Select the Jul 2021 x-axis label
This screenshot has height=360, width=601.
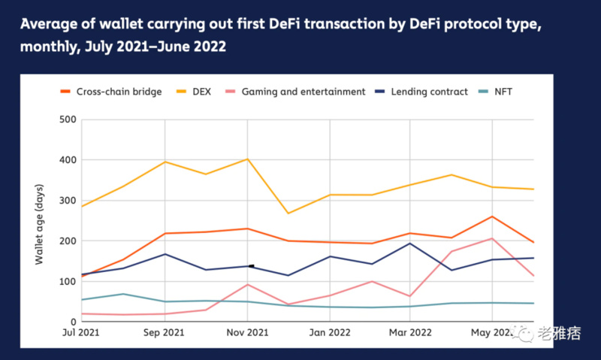point(80,332)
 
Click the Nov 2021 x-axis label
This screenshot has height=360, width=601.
point(247,332)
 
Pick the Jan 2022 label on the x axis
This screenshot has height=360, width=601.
point(329,332)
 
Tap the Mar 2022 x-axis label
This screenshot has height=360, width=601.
point(410,332)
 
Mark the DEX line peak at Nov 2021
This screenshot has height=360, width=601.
point(247,159)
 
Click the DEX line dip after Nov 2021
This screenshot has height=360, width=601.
point(288,213)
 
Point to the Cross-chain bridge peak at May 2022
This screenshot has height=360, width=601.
point(492,216)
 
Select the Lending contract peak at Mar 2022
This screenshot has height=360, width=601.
point(410,244)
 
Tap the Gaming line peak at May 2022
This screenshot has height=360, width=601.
point(492,238)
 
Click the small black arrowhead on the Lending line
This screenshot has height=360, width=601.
point(251,266)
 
